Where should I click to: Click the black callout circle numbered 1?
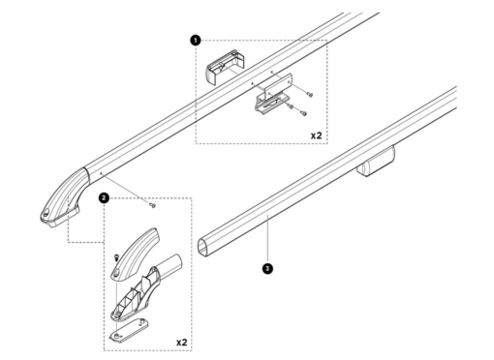[196, 41]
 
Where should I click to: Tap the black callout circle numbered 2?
[104, 197]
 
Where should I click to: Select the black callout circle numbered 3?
[267, 268]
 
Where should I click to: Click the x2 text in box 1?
[317, 135]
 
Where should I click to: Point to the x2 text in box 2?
[182, 342]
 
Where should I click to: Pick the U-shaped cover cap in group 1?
[225, 67]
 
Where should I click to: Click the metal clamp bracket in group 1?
[273, 93]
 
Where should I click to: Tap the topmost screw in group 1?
[311, 95]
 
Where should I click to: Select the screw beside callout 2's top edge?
[152, 205]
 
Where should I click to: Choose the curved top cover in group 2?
[135, 255]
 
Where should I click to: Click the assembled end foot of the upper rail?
[64, 197]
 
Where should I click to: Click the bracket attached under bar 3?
[376, 162]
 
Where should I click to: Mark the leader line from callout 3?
[267, 239]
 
